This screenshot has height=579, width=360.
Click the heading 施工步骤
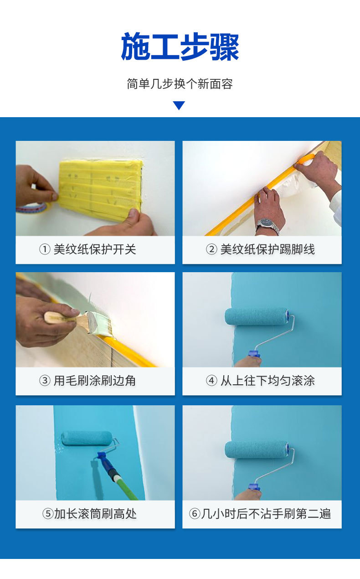180,47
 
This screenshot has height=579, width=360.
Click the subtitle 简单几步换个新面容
180,84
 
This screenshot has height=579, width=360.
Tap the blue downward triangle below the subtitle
179,106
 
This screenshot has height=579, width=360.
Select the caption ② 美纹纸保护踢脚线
261,249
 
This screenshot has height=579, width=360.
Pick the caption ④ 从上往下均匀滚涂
261,381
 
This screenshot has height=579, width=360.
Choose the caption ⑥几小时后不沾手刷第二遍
261,514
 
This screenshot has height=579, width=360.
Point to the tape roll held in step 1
32,207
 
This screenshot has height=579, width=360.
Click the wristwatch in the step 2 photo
268,225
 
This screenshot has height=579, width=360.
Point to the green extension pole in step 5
123,486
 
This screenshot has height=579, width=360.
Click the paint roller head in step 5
87,438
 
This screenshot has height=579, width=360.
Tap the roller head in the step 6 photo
257,450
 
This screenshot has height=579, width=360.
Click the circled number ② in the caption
211,249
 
